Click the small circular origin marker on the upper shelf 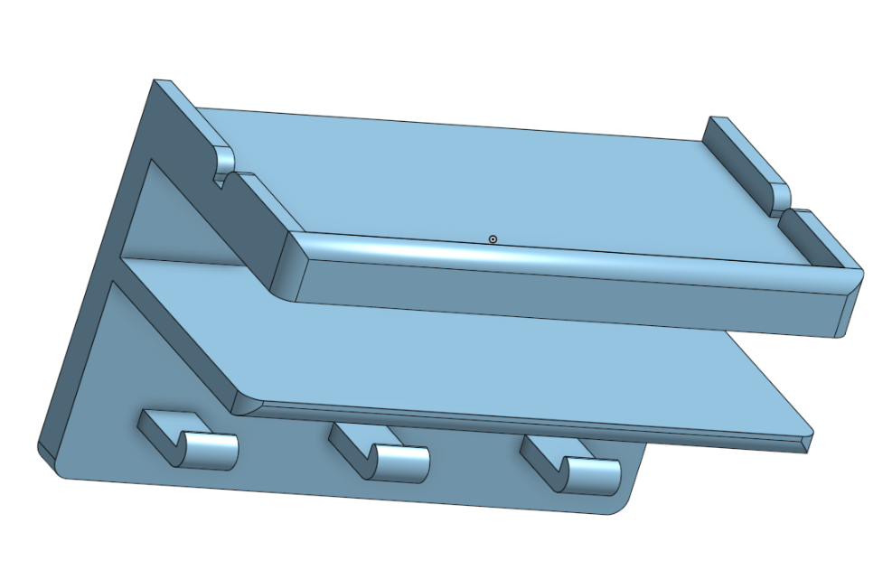[x=493, y=238]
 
